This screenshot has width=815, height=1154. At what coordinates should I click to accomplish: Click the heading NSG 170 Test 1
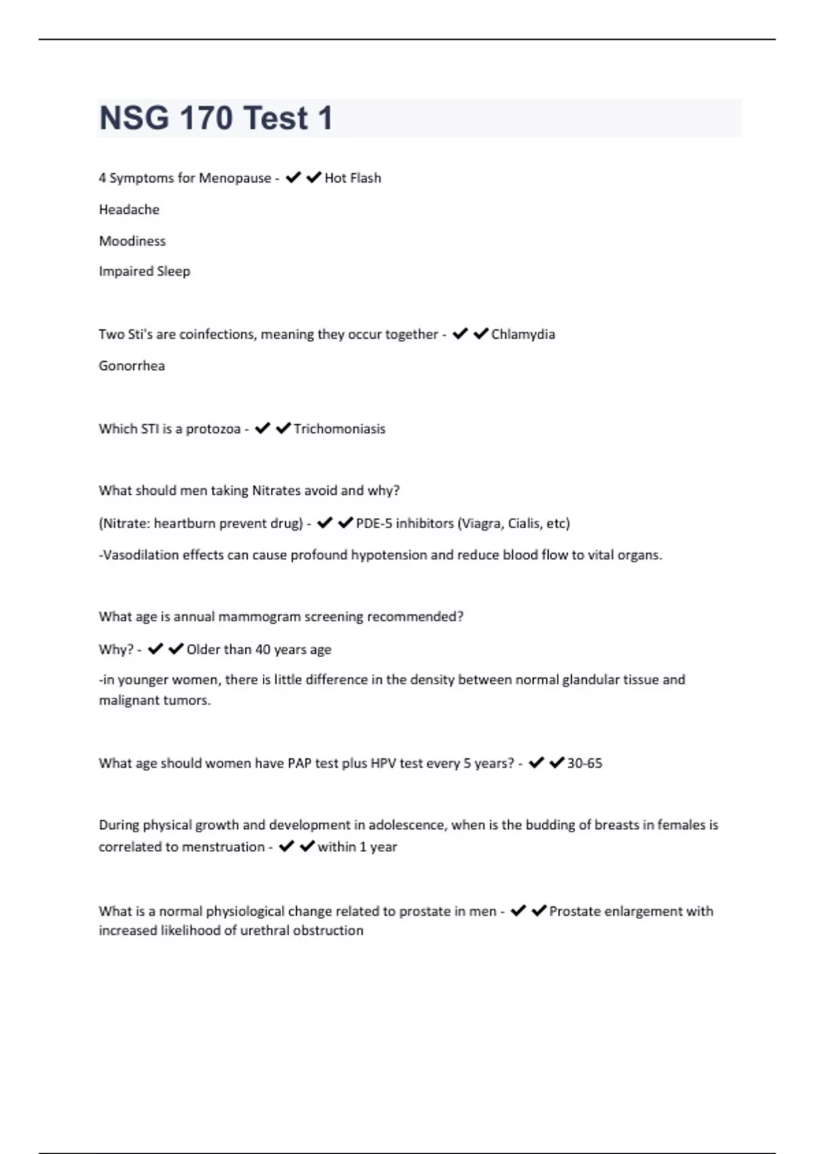pyautogui.click(x=216, y=118)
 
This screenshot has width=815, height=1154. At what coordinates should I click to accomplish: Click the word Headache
pyautogui.click(x=129, y=210)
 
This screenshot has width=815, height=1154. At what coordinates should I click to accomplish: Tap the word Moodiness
pyautogui.click(x=132, y=241)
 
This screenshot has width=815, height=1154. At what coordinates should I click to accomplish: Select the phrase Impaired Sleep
pyautogui.click(x=144, y=272)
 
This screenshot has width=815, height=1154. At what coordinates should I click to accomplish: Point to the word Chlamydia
pyautogui.click(x=523, y=334)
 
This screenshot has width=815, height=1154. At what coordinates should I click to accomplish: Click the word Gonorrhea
pyautogui.click(x=132, y=366)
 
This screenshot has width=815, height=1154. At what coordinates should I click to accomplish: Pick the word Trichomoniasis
pyautogui.click(x=340, y=429)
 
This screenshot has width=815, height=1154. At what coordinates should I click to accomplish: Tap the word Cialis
pyautogui.click(x=524, y=523)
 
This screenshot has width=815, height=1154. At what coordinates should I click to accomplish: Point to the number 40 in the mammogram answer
pyautogui.click(x=262, y=650)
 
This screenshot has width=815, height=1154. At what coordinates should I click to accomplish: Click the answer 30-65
pyautogui.click(x=585, y=764)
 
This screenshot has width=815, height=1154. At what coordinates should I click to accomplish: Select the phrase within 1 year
pyautogui.click(x=357, y=847)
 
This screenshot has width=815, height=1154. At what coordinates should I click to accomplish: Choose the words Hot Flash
pyautogui.click(x=352, y=179)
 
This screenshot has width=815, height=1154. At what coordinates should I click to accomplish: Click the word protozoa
pyautogui.click(x=213, y=429)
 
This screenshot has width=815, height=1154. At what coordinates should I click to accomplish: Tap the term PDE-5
pyautogui.click(x=374, y=523)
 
